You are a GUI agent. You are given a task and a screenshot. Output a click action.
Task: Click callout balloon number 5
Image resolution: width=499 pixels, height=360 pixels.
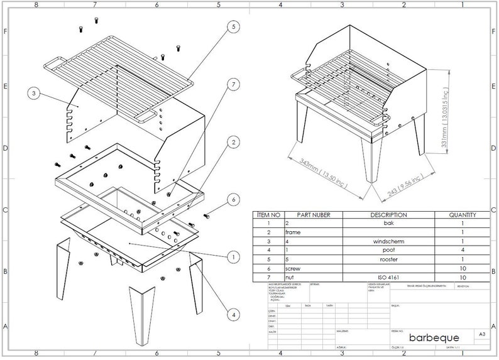[x=233, y=27]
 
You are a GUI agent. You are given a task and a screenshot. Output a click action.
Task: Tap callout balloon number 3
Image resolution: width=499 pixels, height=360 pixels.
[x=35, y=94]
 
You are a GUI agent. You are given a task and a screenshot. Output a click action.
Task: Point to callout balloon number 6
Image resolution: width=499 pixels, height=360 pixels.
[x=233, y=200]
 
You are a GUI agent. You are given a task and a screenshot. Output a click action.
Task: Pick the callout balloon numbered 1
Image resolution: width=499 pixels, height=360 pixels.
[x=233, y=256]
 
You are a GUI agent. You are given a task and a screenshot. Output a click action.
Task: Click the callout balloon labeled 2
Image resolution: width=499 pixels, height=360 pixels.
[x=233, y=143]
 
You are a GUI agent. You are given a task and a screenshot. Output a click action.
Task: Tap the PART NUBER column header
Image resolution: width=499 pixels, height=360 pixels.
[x=313, y=215]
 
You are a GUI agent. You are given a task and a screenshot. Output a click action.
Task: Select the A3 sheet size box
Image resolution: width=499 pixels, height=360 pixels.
[x=481, y=334]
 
